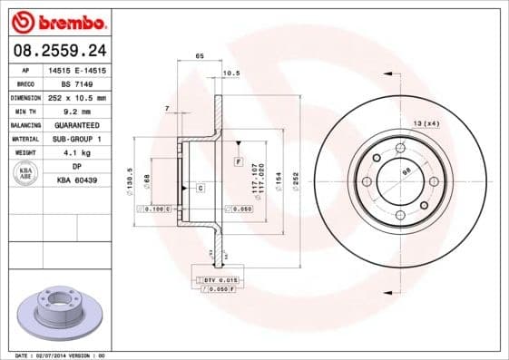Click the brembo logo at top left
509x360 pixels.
coord(57,21)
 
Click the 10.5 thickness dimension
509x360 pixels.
coord(230,73)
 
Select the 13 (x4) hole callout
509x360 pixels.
coord(426,122)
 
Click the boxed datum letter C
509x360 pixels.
coord(200,188)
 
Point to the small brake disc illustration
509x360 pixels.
coord(56,312)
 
